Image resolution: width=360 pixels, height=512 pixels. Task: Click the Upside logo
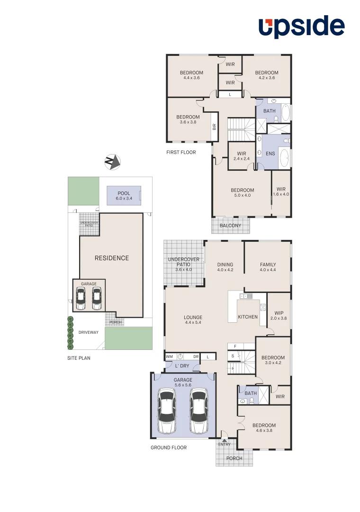(x=301, y=27)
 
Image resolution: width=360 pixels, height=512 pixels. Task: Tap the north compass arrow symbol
(x=112, y=162)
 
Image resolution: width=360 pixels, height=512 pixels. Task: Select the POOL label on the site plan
(x=124, y=193)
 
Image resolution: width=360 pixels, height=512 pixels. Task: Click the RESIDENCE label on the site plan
(x=112, y=258)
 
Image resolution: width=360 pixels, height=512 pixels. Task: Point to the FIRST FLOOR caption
(x=181, y=152)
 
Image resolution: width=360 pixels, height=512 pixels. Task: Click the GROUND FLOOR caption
(x=169, y=448)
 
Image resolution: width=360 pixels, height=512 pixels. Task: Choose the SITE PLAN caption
(x=79, y=358)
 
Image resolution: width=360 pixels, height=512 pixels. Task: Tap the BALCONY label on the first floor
(x=230, y=226)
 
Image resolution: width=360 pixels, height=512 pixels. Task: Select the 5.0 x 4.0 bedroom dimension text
(x=243, y=195)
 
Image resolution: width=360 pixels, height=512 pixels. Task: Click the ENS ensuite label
(x=270, y=154)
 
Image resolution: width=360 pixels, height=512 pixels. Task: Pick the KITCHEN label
(x=248, y=317)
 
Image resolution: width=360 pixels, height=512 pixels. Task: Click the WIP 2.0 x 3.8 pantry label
(x=279, y=316)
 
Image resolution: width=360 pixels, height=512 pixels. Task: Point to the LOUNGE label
(x=193, y=318)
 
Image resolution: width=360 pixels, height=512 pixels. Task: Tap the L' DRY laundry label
(x=182, y=366)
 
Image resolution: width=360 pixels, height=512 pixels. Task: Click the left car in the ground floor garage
(x=167, y=411)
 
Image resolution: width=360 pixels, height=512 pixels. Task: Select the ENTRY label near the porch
(x=225, y=444)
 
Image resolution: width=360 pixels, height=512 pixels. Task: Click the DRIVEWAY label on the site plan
(x=89, y=332)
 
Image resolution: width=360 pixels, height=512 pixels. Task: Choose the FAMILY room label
(x=268, y=265)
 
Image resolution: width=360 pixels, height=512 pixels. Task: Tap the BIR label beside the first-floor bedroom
(x=215, y=127)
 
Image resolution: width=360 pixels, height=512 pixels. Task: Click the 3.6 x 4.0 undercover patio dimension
(x=184, y=270)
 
